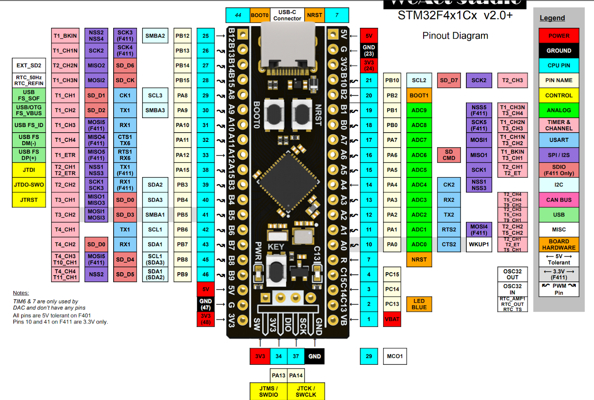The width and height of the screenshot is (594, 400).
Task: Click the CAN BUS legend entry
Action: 559,200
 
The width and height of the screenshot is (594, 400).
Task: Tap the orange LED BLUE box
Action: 419,304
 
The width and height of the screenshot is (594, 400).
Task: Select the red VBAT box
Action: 392,319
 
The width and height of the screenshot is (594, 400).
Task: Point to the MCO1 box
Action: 395,356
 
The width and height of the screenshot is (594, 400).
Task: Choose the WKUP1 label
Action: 479,244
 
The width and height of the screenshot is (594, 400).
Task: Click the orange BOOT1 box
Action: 419,95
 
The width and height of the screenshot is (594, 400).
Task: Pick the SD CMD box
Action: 448,155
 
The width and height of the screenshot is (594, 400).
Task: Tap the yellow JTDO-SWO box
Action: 29,185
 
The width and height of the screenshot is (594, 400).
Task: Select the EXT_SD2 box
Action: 29,65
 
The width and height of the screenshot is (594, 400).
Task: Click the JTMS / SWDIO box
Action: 268,391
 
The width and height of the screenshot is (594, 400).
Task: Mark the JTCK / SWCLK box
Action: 306,391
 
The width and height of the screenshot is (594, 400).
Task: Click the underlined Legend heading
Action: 552,18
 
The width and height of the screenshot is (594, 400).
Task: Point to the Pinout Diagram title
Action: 455,36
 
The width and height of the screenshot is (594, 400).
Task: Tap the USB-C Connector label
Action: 287,15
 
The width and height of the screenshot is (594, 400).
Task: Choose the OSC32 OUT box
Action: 512,274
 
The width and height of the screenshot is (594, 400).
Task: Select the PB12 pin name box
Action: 182,36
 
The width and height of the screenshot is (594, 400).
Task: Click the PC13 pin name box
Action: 392,304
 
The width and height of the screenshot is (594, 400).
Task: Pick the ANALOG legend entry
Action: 559,110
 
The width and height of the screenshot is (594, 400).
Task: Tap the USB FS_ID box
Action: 29,125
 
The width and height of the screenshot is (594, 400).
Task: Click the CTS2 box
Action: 448,244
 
